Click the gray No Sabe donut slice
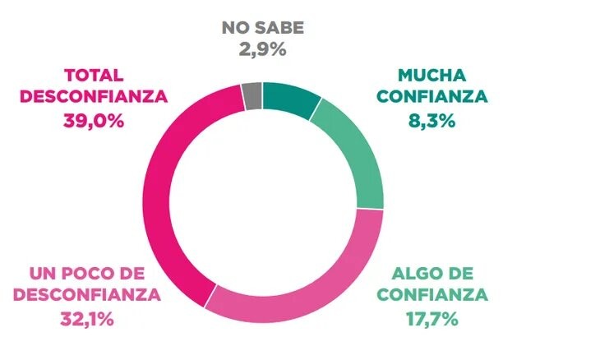pos(253,96)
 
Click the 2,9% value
pos(263,49)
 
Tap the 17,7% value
pos(432,316)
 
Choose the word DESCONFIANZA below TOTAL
pos(94,96)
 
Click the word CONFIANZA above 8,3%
pos(432,98)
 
